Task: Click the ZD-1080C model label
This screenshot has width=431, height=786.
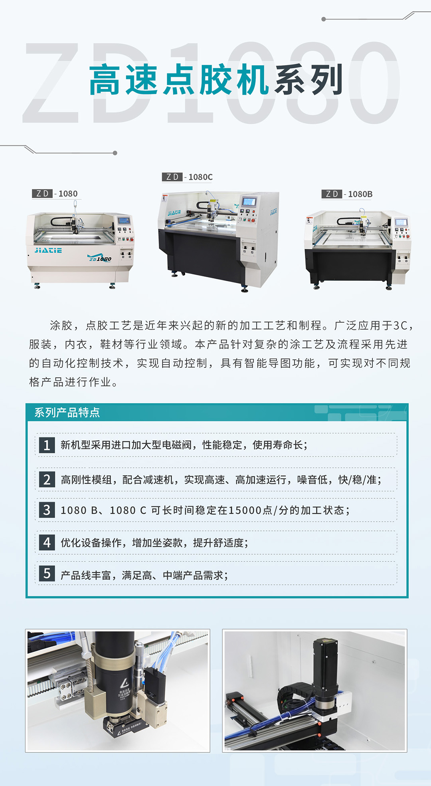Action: [x=187, y=177]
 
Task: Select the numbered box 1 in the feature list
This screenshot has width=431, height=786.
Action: [x=47, y=445]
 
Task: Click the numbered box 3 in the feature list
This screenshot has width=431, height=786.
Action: [x=47, y=510]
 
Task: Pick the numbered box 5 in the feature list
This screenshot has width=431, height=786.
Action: [x=47, y=574]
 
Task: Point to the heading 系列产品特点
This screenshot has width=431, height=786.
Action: [x=67, y=413]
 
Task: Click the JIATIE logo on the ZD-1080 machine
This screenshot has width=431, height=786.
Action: [x=48, y=250]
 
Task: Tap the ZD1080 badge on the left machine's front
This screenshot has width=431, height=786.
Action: [x=100, y=258]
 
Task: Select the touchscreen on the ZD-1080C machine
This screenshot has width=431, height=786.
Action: [x=249, y=201]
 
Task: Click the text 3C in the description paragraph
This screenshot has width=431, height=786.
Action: [x=400, y=326]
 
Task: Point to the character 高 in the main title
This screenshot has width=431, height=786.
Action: [x=105, y=80]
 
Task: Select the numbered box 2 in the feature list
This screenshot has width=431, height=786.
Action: [x=47, y=479]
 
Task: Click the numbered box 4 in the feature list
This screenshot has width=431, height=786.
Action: [x=47, y=543]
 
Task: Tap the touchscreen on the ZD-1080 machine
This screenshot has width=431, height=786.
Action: [x=124, y=220]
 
